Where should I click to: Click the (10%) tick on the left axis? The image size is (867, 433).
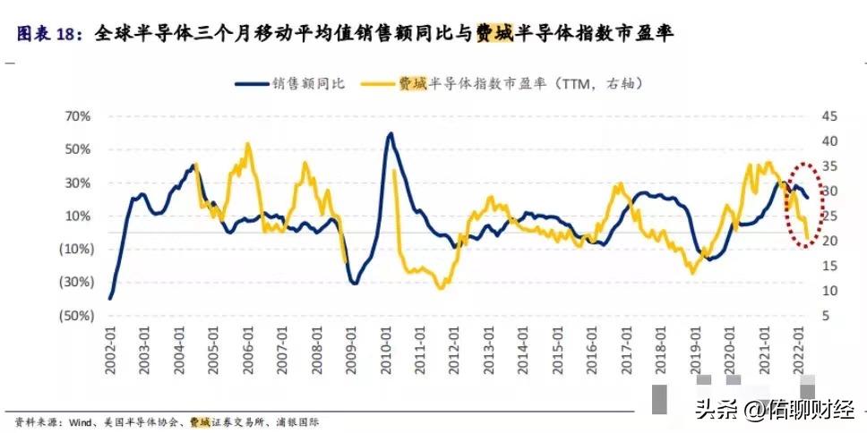coord(75,249)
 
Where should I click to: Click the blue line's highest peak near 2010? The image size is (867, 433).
coord(391,134)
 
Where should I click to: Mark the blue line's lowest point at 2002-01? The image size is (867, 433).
coord(110,298)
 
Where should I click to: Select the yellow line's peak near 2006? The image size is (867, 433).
coord(247,144)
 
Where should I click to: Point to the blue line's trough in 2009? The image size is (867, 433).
coord(354,283)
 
